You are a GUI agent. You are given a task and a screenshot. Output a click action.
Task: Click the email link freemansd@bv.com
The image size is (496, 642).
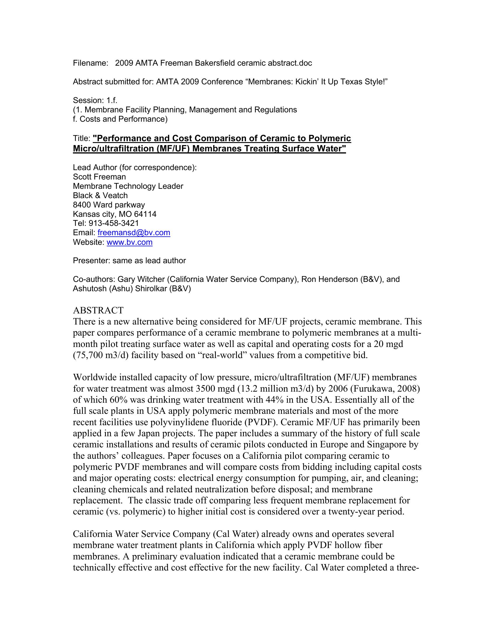click(x=134, y=233)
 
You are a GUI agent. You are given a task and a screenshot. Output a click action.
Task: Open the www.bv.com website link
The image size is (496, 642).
click(x=129, y=242)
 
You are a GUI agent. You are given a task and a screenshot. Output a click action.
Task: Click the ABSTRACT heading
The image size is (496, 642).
click(x=98, y=310)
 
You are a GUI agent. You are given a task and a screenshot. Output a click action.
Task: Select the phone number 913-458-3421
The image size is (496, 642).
click(x=114, y=224)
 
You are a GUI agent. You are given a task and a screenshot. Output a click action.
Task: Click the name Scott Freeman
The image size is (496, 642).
click(x=99, y=177)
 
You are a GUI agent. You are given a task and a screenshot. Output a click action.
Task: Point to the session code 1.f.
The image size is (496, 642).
click(x=112, y=101)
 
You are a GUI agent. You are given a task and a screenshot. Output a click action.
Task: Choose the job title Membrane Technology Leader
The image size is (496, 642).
click(x=128, y=186)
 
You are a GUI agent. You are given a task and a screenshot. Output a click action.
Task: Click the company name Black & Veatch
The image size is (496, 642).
click(x=100, y=196)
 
